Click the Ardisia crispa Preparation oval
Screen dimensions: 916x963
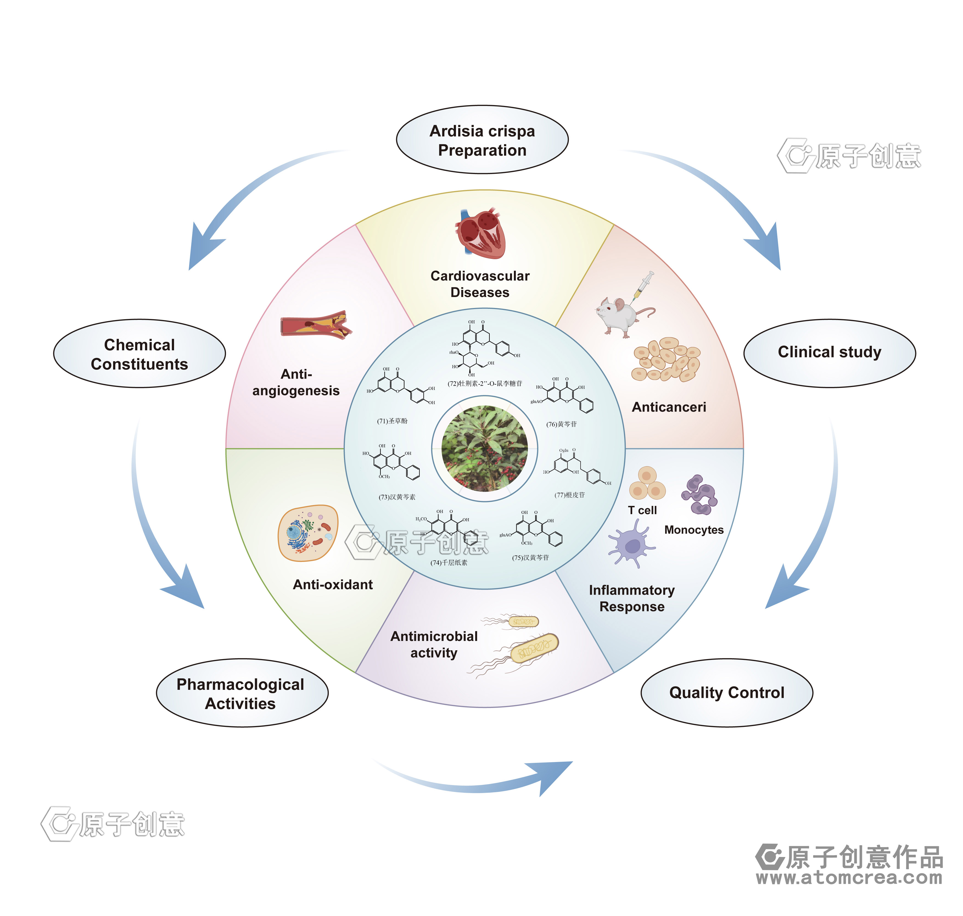(482, 140)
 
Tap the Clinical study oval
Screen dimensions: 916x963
(829, 352)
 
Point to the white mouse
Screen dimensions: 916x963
(619, 316)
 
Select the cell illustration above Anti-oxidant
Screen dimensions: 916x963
(308, 533)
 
